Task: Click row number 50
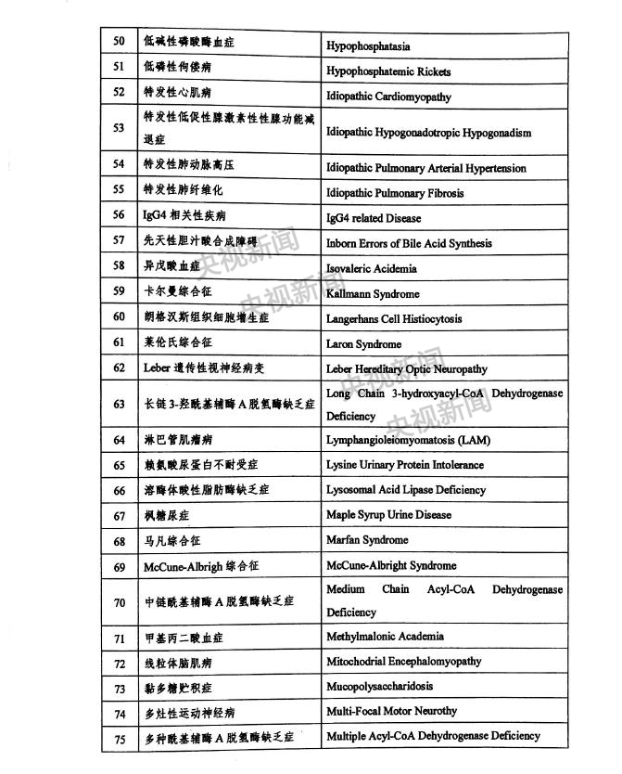(x=119, y=43)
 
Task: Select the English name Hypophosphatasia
(x=368, y=45)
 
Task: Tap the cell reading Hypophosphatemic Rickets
(x=388, y=71)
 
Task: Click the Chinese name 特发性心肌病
(x=177, y=93)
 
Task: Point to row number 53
(x=119, y=128)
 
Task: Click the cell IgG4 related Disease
(x=374, y=218)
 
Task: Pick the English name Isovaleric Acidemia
(x=371, y=268)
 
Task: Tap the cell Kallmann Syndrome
(x=373, y=293)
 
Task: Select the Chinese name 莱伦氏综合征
(x=177, y=342)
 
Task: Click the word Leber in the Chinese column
(x=157, y=368)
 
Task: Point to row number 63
(x=119, y=404)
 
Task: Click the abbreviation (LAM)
(x=472, y=439)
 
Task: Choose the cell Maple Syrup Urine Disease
(x=388, y=514)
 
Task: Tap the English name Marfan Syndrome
(x=367, y=539)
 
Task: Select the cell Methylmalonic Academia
(x=385, y=637)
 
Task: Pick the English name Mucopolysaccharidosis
(x=379, y=687)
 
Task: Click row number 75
(x=119, y=737)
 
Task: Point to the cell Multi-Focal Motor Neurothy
(x=391, y=711)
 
